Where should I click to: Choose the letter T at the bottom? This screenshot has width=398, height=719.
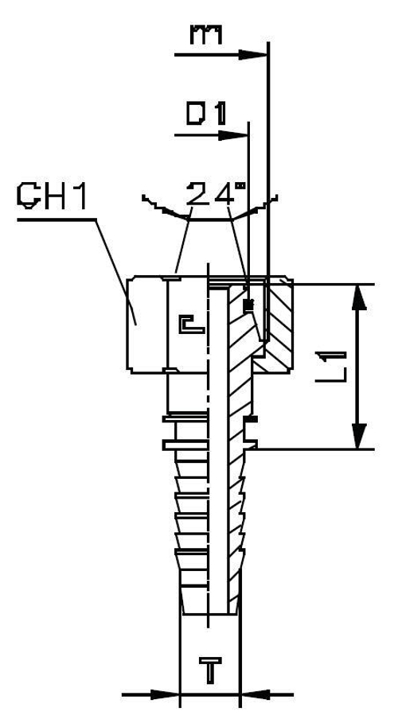210,673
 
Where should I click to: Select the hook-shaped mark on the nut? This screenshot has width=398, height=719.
189,324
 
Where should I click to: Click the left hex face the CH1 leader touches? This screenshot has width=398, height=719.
146,322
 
